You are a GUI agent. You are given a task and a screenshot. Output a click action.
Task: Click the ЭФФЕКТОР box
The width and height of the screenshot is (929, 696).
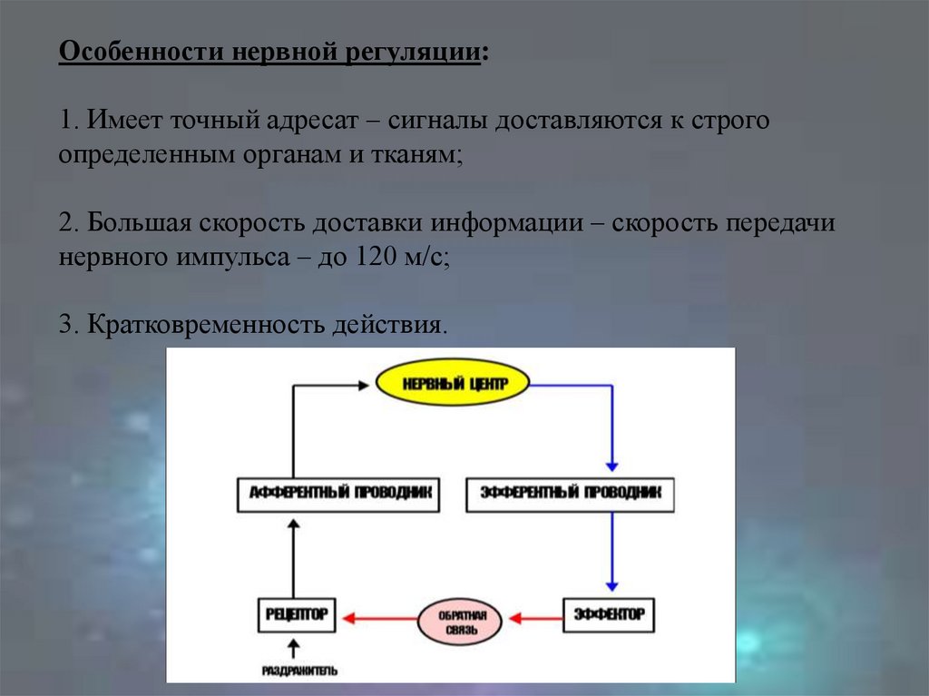pyautogui.click(x=609, y=614)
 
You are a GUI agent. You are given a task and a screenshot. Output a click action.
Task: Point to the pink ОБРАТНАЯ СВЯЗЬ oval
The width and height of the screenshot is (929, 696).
pyautogui.click(x=458, y=622)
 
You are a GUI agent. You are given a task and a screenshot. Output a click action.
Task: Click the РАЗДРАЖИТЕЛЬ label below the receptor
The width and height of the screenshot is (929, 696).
pyautogui.click(x=299, y=671)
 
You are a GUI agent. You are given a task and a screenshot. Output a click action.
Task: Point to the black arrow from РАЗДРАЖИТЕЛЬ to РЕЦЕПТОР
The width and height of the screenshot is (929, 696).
pyautogui.click(x=292, y=648)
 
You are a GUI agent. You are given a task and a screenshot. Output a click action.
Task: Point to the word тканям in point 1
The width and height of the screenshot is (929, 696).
pyautogui.click(x=416, y=155)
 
